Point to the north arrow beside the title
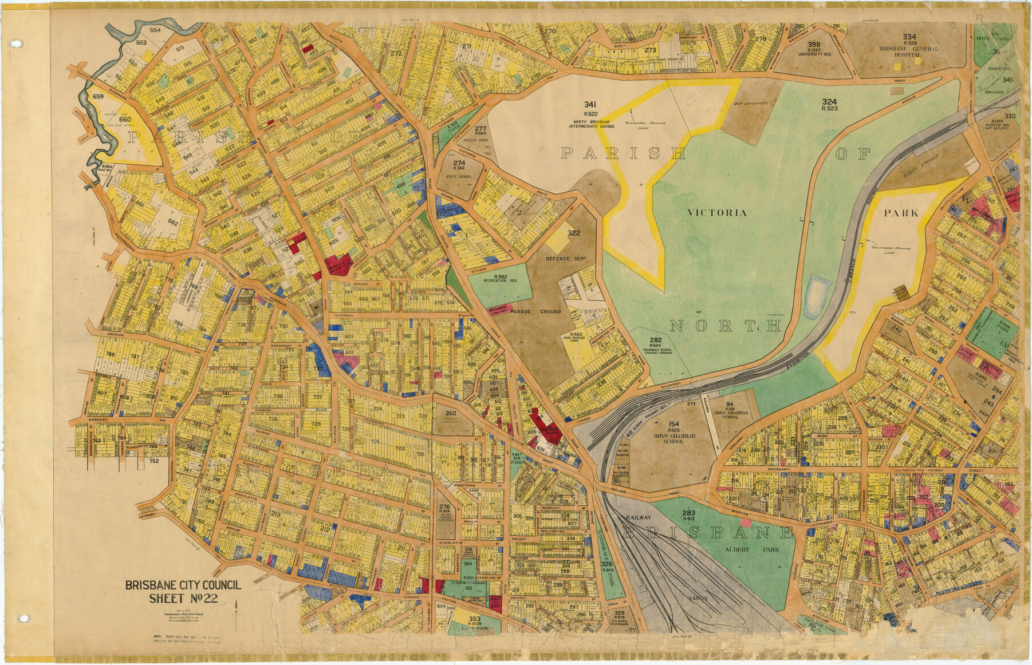(235, 607)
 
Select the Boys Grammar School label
(673, 438)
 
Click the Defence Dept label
(565, 259)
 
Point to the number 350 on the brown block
(450, 413)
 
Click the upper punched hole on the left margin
(15, 43)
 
